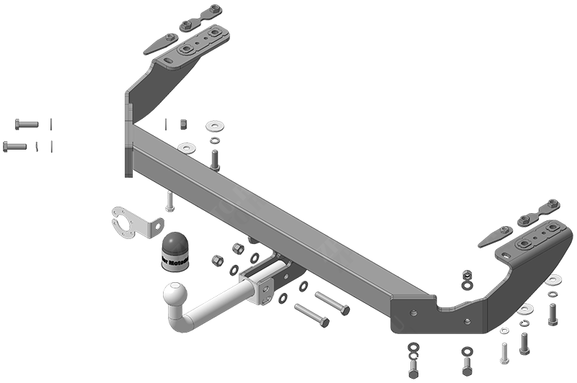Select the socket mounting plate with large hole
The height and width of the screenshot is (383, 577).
pos(133,222)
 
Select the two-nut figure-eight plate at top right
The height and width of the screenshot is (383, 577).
pos(542,211)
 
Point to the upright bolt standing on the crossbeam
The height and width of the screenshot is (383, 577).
pos(214,160)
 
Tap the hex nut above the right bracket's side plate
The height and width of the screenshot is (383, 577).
pos(467,275)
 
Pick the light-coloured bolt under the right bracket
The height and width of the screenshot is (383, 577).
pos(505,351)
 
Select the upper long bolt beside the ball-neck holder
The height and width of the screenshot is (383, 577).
pos(332,303)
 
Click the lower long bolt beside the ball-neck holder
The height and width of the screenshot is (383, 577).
pos(311,315)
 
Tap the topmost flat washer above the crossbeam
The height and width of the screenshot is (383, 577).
pos(214,126)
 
